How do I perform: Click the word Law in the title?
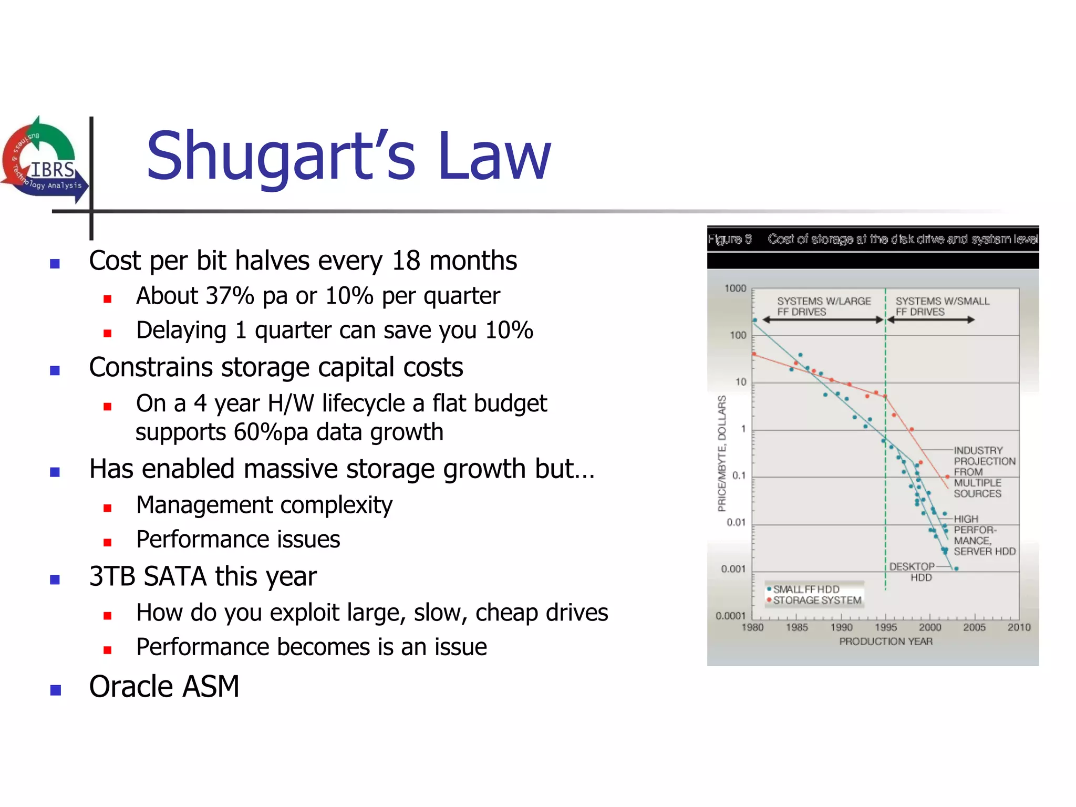[494, 156]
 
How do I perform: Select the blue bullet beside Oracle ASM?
[55, 689]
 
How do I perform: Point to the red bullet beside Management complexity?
[108, 508]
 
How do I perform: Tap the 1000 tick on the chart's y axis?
[734, 288]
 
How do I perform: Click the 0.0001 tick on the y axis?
[730, 616]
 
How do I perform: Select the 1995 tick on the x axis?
[885, 627]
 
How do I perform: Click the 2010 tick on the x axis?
[1018, 627]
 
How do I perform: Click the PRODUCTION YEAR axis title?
[885, 642]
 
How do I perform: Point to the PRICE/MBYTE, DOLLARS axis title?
[722, 453]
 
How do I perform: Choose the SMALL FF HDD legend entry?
[805, 589]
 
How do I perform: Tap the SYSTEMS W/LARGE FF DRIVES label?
[823, 306]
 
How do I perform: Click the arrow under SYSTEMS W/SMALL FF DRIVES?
[930, 319]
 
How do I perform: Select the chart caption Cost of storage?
[902, 240]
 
